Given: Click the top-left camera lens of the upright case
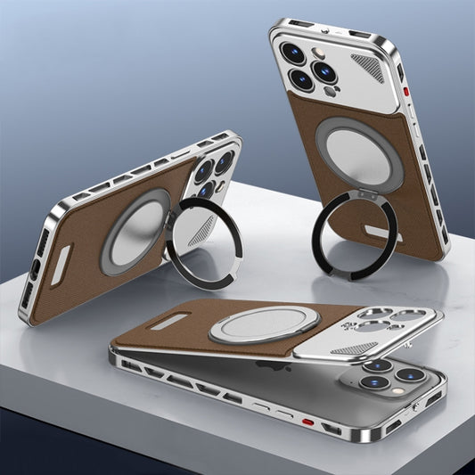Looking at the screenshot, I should pos(292,52).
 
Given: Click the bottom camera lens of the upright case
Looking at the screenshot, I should pos(302,79).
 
